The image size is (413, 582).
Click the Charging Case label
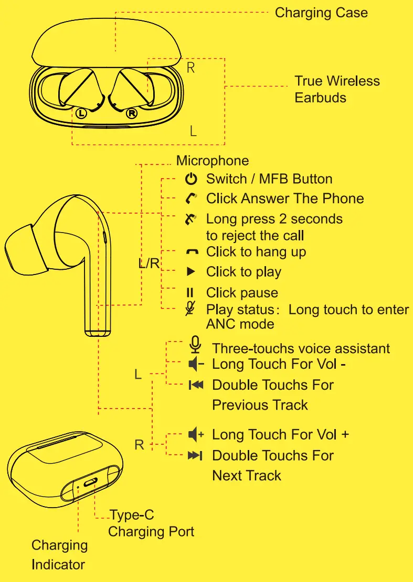pyautogui.click(x=321, y=13)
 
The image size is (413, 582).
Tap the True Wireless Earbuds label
pyautogui.click(x=337, y=89)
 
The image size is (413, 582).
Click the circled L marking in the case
pyautogui.click(x=80, y=112)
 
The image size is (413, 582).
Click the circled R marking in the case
pyautogui.click(x=132, y=113)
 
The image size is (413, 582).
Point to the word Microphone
pyautogui.click(x=213, y=160)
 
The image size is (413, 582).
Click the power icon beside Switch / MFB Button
pyautogui.click(x=192, y=179)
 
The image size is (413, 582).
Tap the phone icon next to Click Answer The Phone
pyautogui.click(x=192, y=199)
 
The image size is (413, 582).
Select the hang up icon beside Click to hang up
pyautogui.click(x=192, y=252)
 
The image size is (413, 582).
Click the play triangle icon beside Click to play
pyautogui.click(x=192, y=272)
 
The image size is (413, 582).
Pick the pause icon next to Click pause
pyautogui.click(x=192, y=292)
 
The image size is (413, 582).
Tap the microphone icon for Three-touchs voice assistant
pyautogui.click(x=195, y=345)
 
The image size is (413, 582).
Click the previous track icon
pyautogui.click(x=195, y=385)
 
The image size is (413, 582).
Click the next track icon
pyautogui.click(x=195, y=456)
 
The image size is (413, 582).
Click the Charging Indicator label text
pyautogui.click(x=59, y=555)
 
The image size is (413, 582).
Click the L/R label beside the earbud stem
pyautogui.click(x=149, y=263)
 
